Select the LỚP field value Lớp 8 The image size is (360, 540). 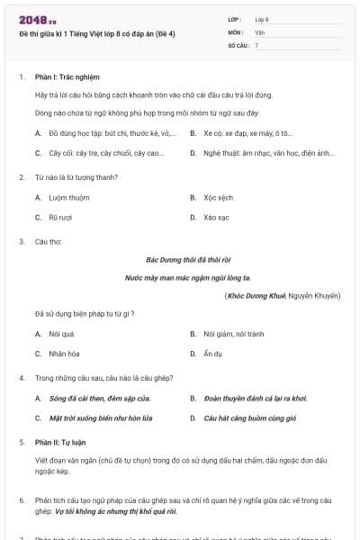tap(262, 19)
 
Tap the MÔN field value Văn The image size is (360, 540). tap(259, 31)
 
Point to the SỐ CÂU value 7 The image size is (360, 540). tap(256, 44)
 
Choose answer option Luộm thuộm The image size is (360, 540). tap(70, 197)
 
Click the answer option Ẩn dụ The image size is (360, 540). tap(213, 354)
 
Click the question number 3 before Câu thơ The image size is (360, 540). tap(22, 241)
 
